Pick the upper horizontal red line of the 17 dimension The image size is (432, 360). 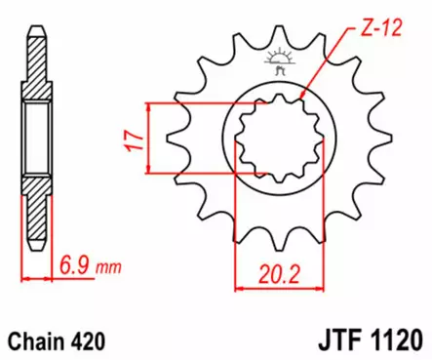tap(195, 100)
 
